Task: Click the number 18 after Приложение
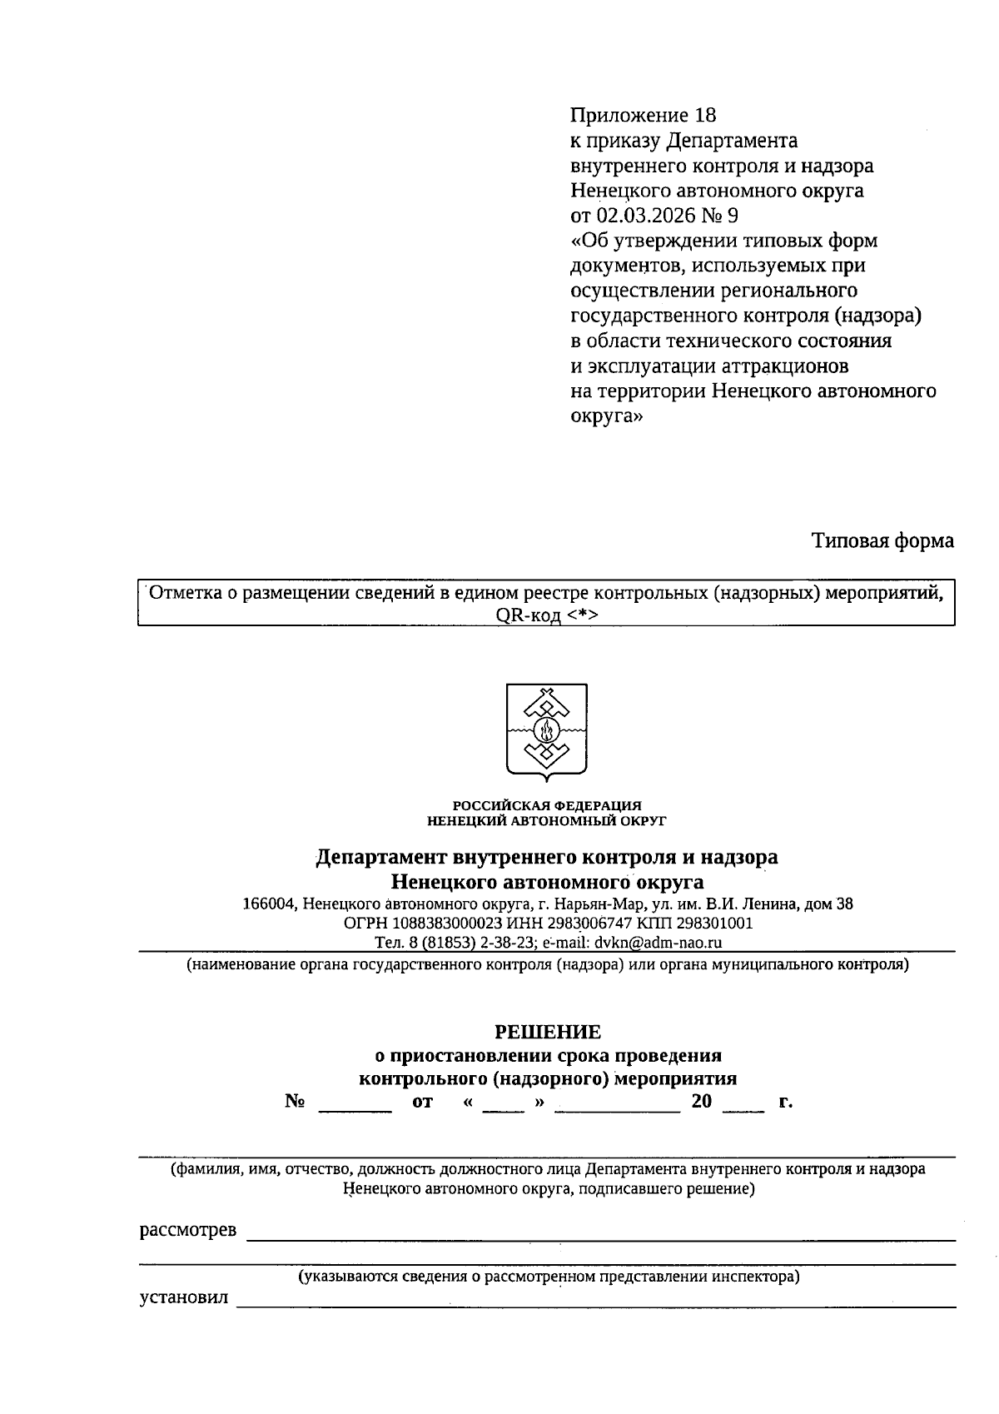tap(704, 115)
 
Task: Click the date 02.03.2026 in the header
tap(644, 216)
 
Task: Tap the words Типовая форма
tap(882, 541)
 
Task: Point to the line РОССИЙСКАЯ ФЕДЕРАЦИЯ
tap(547, 805)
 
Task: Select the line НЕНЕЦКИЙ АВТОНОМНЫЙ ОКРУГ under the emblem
tap(547, 820)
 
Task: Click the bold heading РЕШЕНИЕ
tap(547, 1033)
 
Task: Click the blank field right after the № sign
tap(355, 1103)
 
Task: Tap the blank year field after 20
tap(743, 1103)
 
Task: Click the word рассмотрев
tap(187, 1231)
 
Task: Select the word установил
tap(183, 1298)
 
